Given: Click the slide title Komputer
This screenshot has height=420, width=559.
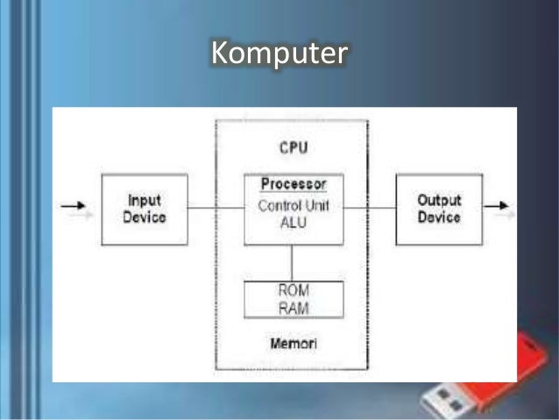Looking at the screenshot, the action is [x=279, y=53].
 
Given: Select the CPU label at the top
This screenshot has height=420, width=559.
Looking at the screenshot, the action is [x=294, y=147].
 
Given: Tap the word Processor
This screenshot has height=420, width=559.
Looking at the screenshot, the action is [x=294, y=185].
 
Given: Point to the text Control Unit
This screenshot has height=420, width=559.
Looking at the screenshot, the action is [x=294, y=205].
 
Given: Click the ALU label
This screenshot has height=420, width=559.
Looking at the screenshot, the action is [x=294, y=223].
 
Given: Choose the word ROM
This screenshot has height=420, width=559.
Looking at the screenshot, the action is [x=294, y=290].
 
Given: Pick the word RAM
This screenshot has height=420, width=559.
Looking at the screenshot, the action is [x=294, y=307].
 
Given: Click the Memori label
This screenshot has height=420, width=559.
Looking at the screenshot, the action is [x=294, y=343].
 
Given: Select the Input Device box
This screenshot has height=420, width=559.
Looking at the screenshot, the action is [x=145, y=208].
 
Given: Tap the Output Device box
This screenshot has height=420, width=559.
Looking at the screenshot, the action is [x=439, y=208].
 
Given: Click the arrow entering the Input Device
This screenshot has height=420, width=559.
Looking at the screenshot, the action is [x=74, y=208].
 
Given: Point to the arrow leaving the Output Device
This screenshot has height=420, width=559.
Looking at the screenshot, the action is [x=497, y=208].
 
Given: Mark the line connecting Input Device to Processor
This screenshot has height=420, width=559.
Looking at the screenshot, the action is [x=216, y=208].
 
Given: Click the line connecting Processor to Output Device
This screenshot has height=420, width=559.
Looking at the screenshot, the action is [x=369, y=208].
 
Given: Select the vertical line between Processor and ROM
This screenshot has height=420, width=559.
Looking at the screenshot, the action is [x=293, y=262].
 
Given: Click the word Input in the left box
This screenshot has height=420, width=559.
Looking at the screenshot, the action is [x=145, y=200].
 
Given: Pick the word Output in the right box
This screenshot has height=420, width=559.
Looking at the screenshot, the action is [x=439, y=200].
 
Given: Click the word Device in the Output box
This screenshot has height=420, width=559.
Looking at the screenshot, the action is [x=439, y=217].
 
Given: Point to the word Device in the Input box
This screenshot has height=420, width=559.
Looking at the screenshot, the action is [x=145, y=217].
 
